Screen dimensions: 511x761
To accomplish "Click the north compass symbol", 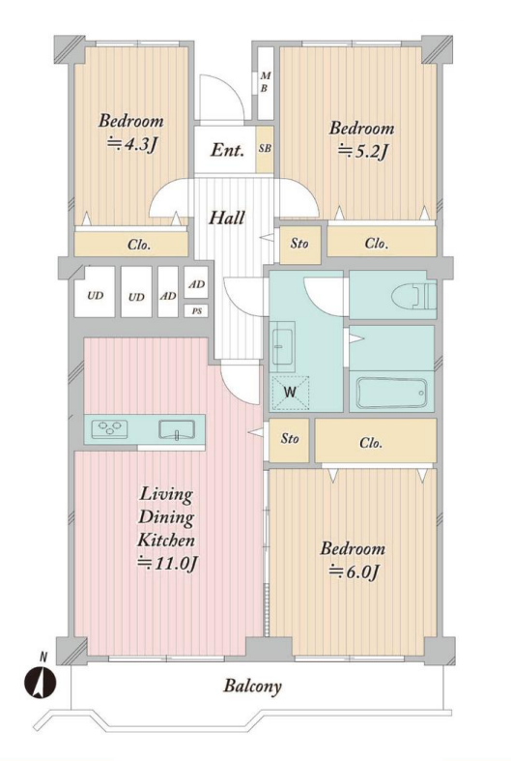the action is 41,682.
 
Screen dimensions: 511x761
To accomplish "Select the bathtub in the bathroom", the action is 392,393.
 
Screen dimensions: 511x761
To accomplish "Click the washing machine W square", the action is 290,393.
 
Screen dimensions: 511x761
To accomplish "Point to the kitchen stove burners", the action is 109,429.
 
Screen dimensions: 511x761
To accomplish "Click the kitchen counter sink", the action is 177,429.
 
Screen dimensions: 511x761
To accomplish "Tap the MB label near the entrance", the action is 265,82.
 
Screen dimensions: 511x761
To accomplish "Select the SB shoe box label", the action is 265,149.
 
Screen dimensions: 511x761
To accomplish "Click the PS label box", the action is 196,311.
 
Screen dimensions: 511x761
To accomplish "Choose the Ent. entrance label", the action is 226,150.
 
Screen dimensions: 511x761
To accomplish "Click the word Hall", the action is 226,218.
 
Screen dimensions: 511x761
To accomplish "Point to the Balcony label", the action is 252,687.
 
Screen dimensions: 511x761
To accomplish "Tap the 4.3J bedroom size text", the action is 132,144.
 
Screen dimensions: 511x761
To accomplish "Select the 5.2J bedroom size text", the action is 362,152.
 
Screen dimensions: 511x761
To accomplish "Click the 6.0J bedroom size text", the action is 354,572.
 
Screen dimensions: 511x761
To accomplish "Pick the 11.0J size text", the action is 167,564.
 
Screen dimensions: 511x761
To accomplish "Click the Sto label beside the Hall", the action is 299,243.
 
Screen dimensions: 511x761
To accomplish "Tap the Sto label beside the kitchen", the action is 290,439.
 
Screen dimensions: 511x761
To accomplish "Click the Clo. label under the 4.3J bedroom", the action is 139,245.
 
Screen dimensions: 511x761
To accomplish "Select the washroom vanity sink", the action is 283,347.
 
